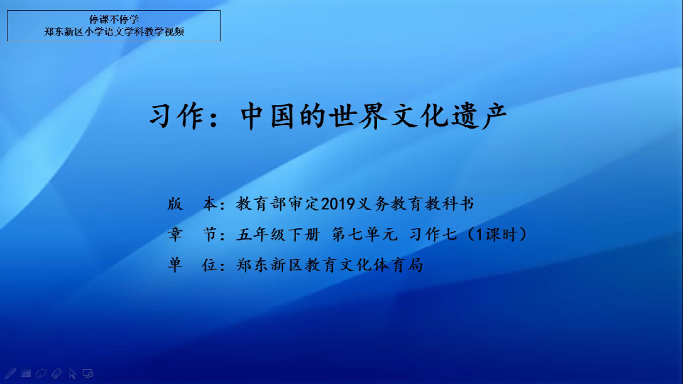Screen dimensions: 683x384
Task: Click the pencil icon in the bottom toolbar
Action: (10, 373)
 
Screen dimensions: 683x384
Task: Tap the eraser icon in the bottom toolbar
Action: (57, 373)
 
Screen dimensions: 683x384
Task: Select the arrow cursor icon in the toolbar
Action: (73, 373)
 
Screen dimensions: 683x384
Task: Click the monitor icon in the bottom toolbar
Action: (88, 373)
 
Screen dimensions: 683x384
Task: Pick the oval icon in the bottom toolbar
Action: (41, 373)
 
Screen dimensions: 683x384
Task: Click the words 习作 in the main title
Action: (177, 116)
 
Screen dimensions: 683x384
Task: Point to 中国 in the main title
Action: (268, 116)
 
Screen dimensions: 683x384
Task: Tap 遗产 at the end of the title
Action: (479, 116)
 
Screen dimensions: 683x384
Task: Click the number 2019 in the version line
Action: (339, 204)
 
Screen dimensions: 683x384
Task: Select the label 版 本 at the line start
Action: (193, 204)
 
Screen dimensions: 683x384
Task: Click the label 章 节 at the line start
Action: (193, 235)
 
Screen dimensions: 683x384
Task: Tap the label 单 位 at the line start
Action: (193, 265)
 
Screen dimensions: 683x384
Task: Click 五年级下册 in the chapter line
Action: (278, 235)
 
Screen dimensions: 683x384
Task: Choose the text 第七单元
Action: (365, 235)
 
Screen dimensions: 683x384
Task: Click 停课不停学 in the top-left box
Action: (114, 20)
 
